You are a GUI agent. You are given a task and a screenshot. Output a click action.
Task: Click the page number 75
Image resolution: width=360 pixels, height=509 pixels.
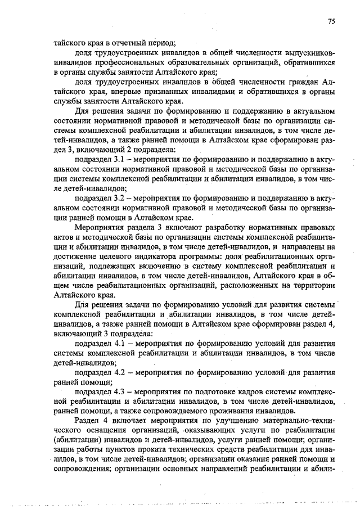[331, 21]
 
